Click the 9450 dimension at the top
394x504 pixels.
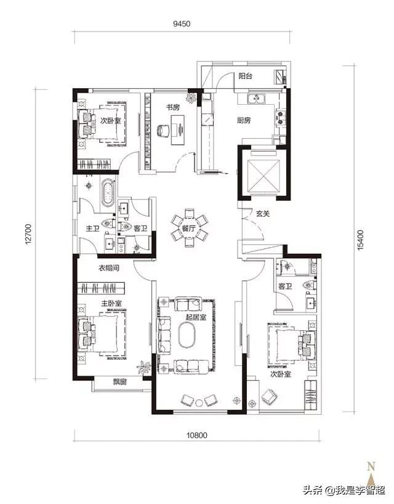pyautogui.click(x=182, y=24)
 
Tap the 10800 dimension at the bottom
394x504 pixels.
pyautogui.click(x=197, y=435)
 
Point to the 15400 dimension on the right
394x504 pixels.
pyautogui.click(x=361, y=240)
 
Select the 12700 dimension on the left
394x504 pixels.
pyautogui.click(x=28, y=234)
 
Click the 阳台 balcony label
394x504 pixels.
pyautogui.click(x=246, y=76)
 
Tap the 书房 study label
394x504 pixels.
pyautogui.click(x=173, y=107)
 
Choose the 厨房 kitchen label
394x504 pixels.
pyautogui.click(x=244, y=120)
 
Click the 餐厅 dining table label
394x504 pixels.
pyautogui.click(x=189, y=229)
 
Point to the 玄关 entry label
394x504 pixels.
pyautogui.click(x=263, y=213)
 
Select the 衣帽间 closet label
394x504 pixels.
pyautogui.click(x=109, y=268)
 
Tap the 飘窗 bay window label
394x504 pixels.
pyautogui.click(x=120, y=381)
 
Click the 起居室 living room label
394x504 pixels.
pyautogui.click(x=196, y=317)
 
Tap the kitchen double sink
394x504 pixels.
pyautogui.click(x=256, y=99)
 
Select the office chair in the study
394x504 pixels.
pyautogui.click(x=163, y=131)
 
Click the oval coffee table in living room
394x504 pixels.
pyautogui.click(x=187, y=335)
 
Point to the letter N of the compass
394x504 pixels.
pyautogui.click(x=371, y=466)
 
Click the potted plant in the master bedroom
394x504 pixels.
pyautogui.click(x=143, y=367)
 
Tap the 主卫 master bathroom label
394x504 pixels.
pyautogui.click(x=92, y=229)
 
